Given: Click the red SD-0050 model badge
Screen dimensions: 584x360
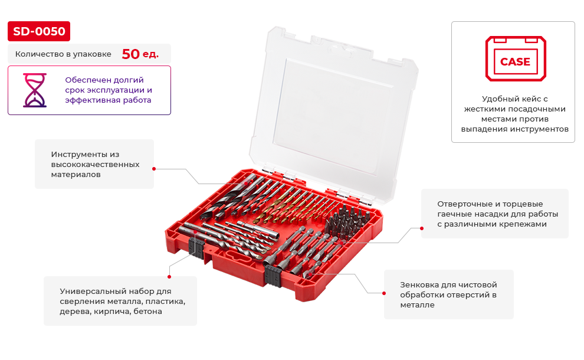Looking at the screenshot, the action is click(39, 31).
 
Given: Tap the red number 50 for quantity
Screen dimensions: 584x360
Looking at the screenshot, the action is click(131, 54).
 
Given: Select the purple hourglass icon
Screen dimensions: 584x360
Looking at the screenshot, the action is click(35, 90).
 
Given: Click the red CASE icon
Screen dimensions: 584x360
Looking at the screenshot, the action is click(516, 58).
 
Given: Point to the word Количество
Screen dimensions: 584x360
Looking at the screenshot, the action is click(40, 54).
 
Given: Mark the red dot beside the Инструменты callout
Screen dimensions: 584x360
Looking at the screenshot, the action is click(154, 169).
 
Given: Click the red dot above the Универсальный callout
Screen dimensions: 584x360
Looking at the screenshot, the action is click(169, 277).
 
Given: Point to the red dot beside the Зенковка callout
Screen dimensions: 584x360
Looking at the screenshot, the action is click(384, 293).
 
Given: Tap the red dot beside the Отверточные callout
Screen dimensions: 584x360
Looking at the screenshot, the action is click(422, 228).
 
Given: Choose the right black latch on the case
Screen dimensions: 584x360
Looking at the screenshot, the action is click(273, 276).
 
